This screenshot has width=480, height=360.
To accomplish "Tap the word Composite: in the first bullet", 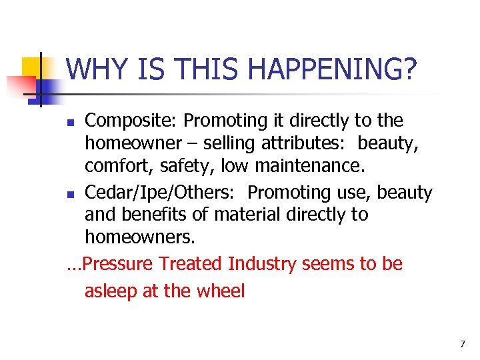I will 131,121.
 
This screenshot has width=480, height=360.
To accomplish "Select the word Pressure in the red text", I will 114,265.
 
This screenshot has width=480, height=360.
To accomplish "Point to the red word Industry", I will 262,265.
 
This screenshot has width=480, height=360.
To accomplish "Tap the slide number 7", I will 462,344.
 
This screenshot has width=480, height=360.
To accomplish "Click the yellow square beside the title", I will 33,67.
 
